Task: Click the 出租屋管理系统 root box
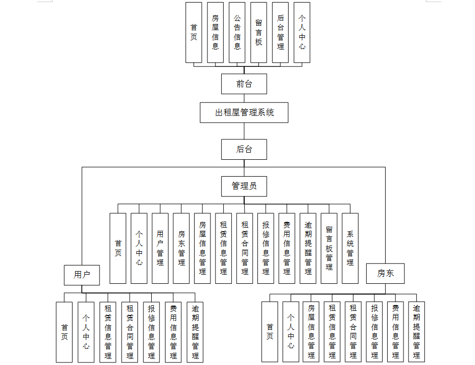pos(244,112)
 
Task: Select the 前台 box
pos(244,84)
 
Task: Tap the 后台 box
pos(244,150)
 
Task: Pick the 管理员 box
pos(244,186)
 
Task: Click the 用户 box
pos(82,275)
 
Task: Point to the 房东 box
pos(386,273)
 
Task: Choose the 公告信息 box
pos(237,32)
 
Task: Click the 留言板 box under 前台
pos(259,32)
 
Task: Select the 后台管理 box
pos(280,32)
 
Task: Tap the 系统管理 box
pos(350,248)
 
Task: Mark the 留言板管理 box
pos(329,248)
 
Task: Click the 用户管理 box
pos(160,248)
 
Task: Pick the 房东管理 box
pos(181,248)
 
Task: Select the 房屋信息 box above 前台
pos(216,32)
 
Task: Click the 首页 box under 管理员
pos(118,248)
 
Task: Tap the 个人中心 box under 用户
pos(86,332)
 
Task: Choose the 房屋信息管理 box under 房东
pos(312,332)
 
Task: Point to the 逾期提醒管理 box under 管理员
pos(308,248)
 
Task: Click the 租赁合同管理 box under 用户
pos(130,332)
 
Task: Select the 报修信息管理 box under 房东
pos(374,332)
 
